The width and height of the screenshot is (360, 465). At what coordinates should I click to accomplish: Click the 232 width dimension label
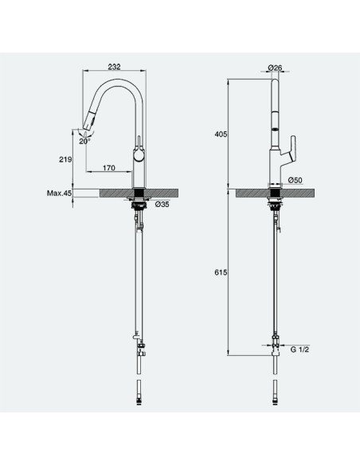tap(114, 67)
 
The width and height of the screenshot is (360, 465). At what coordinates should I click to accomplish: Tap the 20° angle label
tap(84, 141)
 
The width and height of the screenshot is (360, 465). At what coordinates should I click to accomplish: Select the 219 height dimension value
tap(65, 159)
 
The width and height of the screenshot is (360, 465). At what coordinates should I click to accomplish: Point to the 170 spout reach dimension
tap(109, 168)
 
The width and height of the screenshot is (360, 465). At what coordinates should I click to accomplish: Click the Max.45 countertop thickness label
tap(59, 193)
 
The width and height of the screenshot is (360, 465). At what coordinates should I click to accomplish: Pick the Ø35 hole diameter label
tap(162, 205)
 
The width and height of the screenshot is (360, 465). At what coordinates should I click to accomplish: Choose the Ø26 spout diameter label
tap(275, 68)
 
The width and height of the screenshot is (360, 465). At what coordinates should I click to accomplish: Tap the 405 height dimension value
tap(221, 135)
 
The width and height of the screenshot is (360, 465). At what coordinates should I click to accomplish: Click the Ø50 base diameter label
tap(295, 180)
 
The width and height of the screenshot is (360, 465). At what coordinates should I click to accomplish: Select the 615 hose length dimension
tap(221, 272)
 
